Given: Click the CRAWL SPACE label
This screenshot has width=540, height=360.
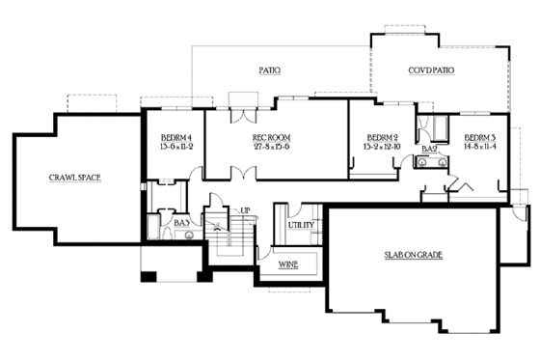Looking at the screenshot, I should click(75, 178).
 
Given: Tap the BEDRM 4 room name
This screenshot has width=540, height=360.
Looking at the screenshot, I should click(176, 137).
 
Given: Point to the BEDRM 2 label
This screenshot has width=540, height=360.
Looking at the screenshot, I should click(383, 137).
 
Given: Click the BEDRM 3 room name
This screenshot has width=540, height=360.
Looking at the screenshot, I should click(479, 137).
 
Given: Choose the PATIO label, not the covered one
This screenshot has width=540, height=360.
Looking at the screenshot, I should click(269, 70).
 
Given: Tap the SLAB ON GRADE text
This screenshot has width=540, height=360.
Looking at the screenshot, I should click(410, 255).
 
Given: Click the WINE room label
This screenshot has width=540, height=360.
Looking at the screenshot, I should click(287, 263).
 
